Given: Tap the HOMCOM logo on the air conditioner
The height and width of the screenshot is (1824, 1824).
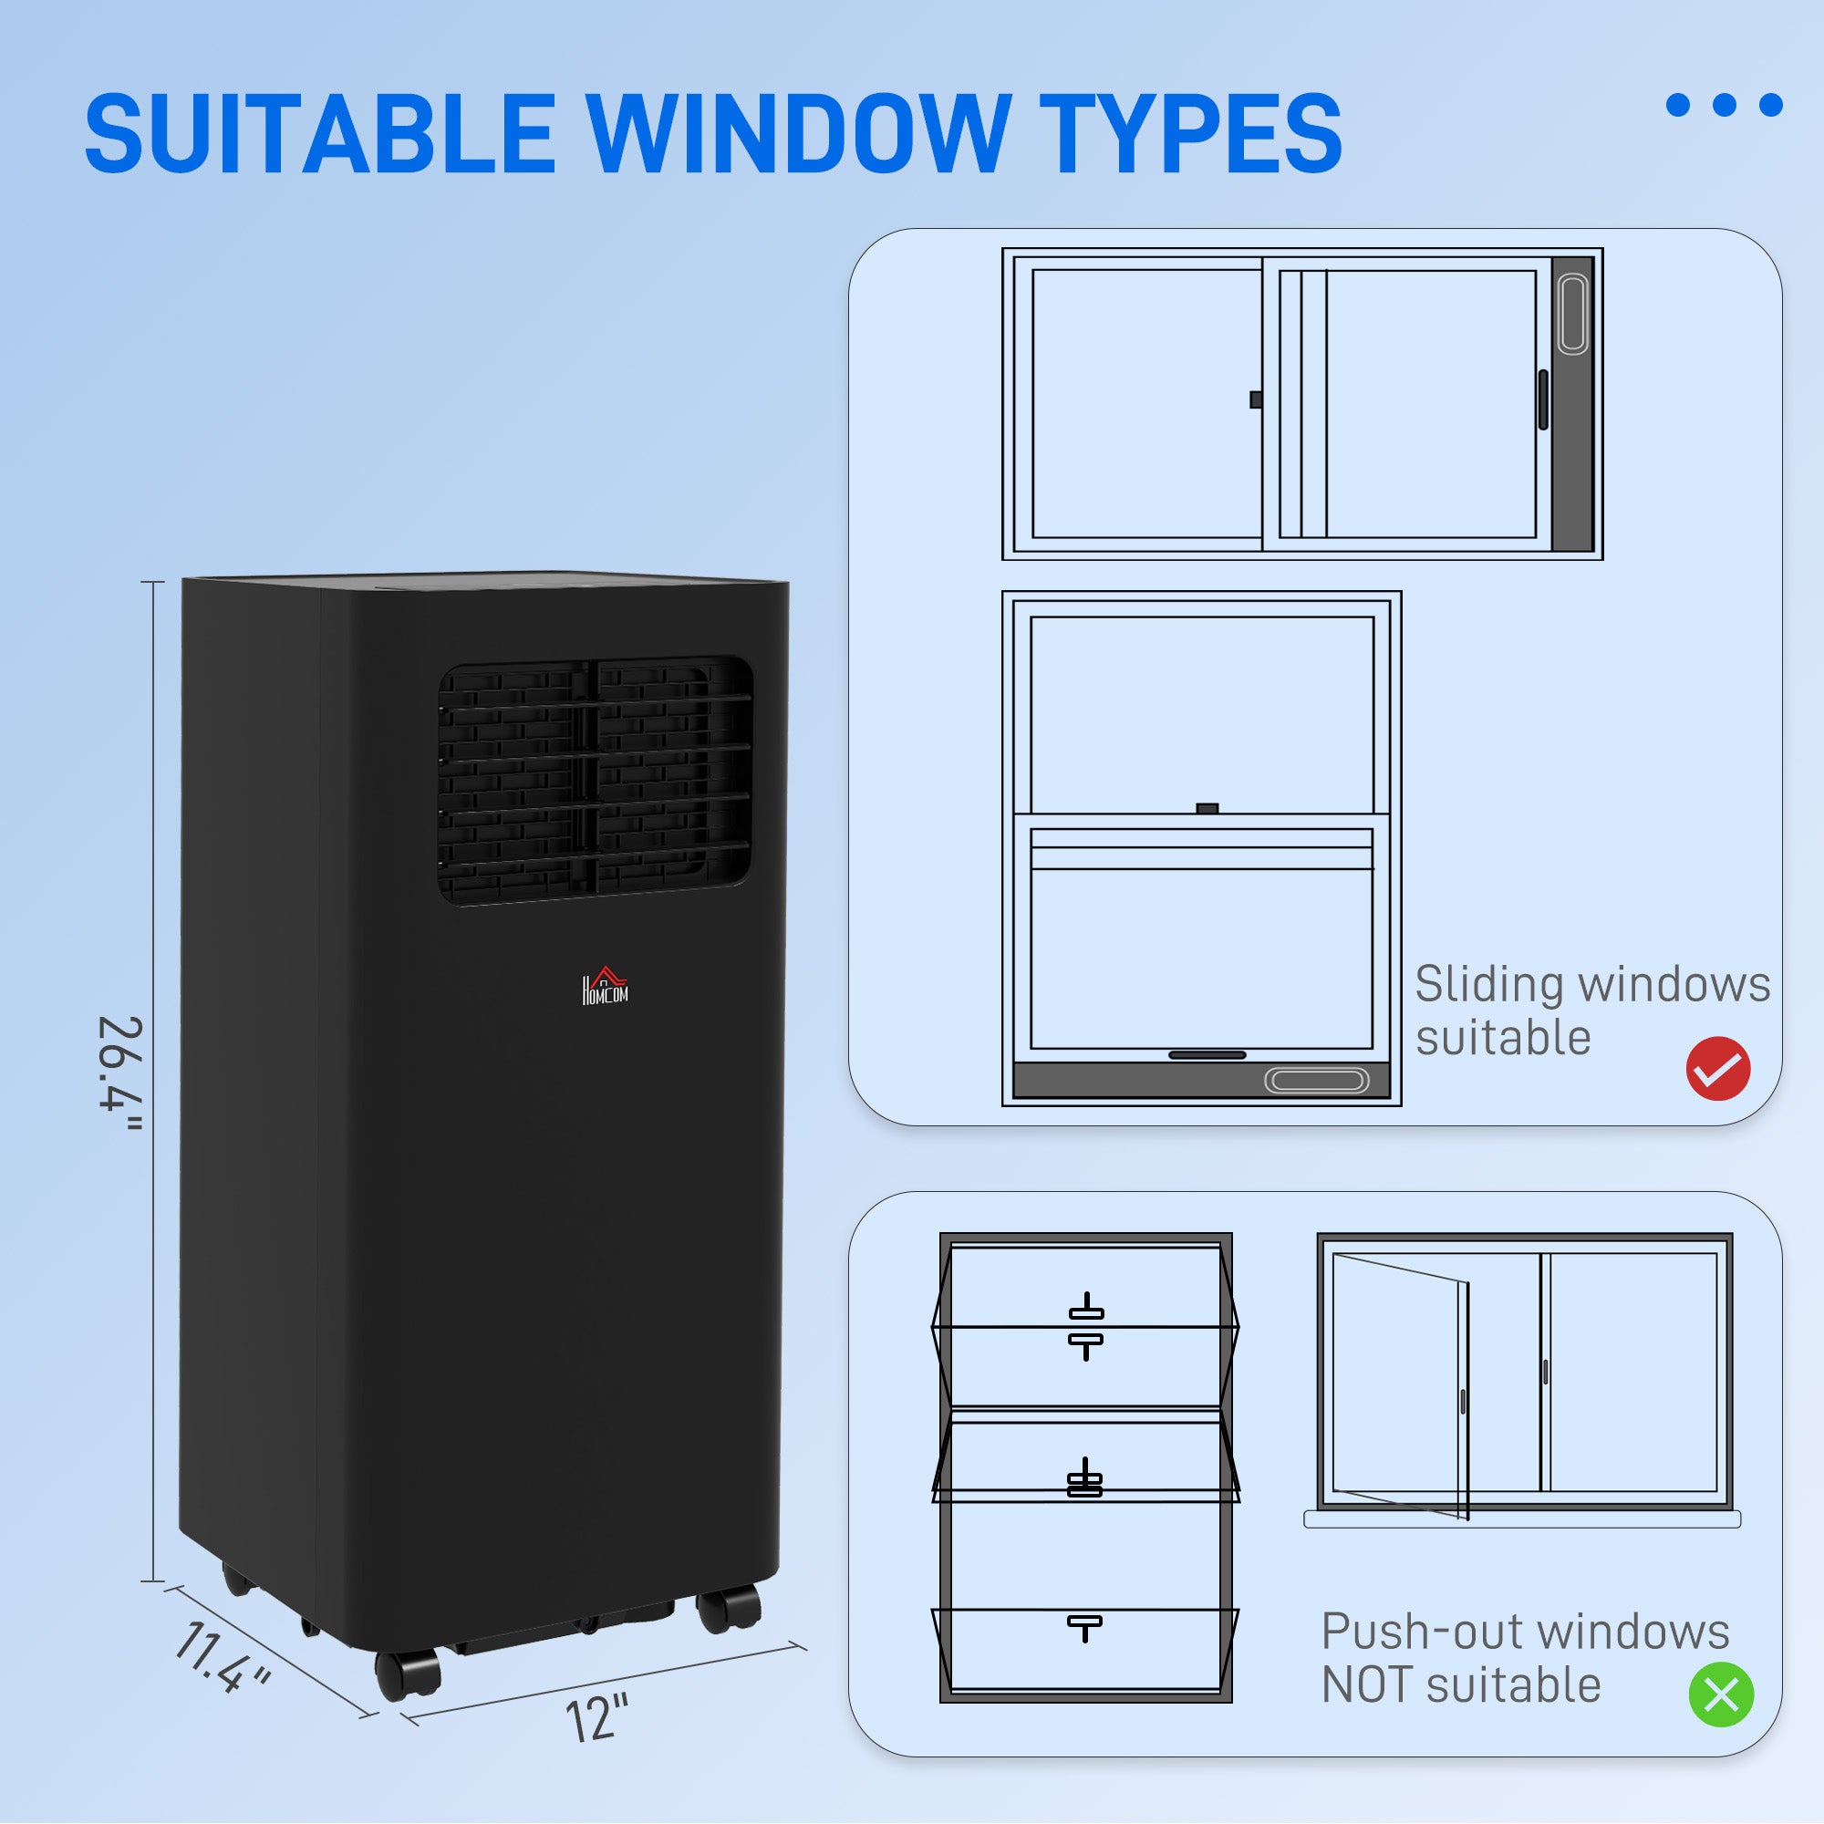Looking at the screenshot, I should coord(605,987).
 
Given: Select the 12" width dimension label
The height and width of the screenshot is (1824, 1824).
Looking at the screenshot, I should coord(596,1718).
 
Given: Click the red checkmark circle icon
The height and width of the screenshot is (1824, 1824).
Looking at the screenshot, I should coord(1718,1069).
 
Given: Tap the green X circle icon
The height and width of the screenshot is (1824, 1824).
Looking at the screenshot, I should coord(1721,1694).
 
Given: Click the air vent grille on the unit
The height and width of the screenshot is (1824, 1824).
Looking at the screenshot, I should coord(595,782).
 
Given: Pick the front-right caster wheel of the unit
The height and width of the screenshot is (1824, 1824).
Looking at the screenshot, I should coord(729,1609).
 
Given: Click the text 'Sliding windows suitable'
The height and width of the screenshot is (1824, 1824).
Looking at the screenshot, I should coord(1591,1010).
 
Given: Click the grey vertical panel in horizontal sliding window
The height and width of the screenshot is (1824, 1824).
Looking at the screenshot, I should coord(1572,404).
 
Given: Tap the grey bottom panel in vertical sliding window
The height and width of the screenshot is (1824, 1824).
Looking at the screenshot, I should coord(1201,1080).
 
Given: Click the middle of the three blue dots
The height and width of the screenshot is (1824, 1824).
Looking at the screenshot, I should coord(1724,105).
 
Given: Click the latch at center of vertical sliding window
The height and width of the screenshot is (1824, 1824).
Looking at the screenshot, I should coord(1207,808).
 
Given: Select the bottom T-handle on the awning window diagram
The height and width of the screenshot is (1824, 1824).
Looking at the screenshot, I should coord(1084,1627).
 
